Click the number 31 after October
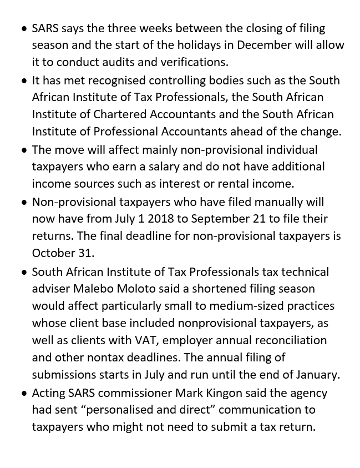(x=85, y=253)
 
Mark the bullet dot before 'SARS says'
(x=24, y=28)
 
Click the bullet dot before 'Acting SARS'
(x=24, y=393)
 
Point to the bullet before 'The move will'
(x=24, y=150)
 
